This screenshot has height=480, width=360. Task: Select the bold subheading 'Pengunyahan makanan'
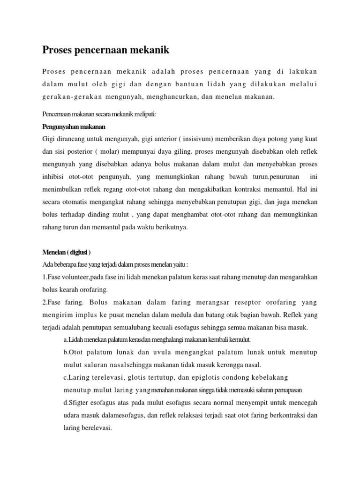(74, 127)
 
